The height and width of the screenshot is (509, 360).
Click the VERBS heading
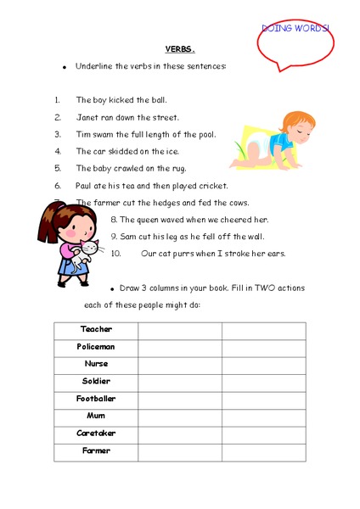click(180, 49)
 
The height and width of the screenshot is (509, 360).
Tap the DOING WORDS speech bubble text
click(295, 29)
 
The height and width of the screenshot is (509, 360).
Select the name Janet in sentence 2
click(88, 117)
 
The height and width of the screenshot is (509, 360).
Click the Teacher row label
click(96, 329)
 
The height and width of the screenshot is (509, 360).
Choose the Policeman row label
click(96, 347)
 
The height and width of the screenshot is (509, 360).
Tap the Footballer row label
click(96, 398)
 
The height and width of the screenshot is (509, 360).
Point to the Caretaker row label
click(96, 433)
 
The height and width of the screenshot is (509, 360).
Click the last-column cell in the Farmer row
click(263, 450)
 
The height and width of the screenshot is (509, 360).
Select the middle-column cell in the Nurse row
click(180, 364)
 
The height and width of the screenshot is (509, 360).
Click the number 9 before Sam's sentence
click(113, 236)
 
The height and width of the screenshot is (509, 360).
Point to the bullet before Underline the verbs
click(64, 67)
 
